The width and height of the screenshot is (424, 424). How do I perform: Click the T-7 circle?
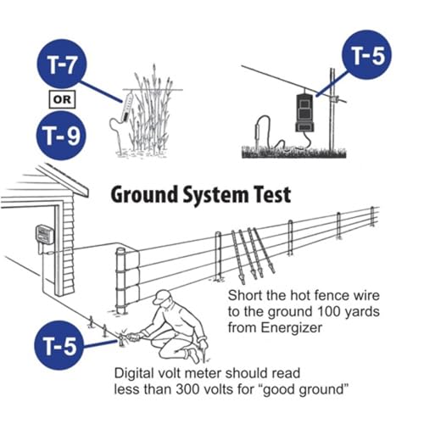pos(62,64)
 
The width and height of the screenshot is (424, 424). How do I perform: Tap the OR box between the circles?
pos(62,99)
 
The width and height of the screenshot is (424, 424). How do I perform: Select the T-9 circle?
pos(61,136)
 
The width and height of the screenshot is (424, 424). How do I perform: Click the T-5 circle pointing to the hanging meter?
pos(367,55)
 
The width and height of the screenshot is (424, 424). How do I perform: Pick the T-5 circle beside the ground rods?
pos(59,345)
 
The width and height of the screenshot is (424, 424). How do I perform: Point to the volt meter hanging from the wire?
pos(304,113)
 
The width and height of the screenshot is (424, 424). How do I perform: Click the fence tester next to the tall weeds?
pos(127,107)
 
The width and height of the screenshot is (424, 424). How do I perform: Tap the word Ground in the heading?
pos(144,195)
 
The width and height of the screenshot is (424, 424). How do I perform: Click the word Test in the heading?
pos(272,194)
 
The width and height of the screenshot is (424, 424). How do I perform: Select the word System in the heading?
pos(215,196)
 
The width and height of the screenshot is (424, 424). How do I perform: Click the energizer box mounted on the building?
pos(44,235)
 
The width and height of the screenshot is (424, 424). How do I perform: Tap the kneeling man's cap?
pos(162,297)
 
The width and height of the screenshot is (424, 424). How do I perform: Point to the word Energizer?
pos(292,328)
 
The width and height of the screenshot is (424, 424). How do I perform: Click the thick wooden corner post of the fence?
pos(121,281)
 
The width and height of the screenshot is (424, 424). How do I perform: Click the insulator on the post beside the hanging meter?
pos(335,98)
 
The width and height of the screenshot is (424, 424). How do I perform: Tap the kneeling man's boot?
pos(193,355)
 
